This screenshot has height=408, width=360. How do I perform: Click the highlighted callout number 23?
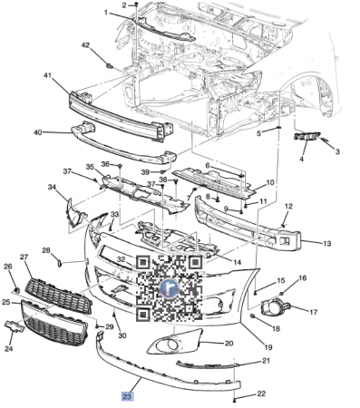(x=127, y=396)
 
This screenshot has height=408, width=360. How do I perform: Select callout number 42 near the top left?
(x=85, y=45)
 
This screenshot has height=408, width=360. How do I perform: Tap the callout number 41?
(x=47, y=75)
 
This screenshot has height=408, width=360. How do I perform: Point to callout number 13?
(x=327, y=243)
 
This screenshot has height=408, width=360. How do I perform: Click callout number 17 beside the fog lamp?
(x=313, y=312)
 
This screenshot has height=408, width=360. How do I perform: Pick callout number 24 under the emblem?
(x=9, y=348)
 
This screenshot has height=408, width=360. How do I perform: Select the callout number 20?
(x=229, y=343)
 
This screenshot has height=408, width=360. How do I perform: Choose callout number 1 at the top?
(x=106, y=13)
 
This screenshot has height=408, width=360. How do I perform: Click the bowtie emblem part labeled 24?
(x=15, y=326)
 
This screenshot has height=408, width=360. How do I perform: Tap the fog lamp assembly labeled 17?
(x=275, y=307)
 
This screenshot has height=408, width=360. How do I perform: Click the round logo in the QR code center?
(x=170, y=287)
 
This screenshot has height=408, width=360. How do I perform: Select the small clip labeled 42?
(x=110, y=65)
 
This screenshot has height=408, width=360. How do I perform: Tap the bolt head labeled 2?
(x=136, y=5)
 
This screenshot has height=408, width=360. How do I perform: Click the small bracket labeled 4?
(x=306, y=137)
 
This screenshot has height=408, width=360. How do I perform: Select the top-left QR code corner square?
(x=143, y=263)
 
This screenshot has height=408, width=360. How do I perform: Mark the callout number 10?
(x=269, y=183)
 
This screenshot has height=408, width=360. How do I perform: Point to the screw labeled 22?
(x=235, y=400)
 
